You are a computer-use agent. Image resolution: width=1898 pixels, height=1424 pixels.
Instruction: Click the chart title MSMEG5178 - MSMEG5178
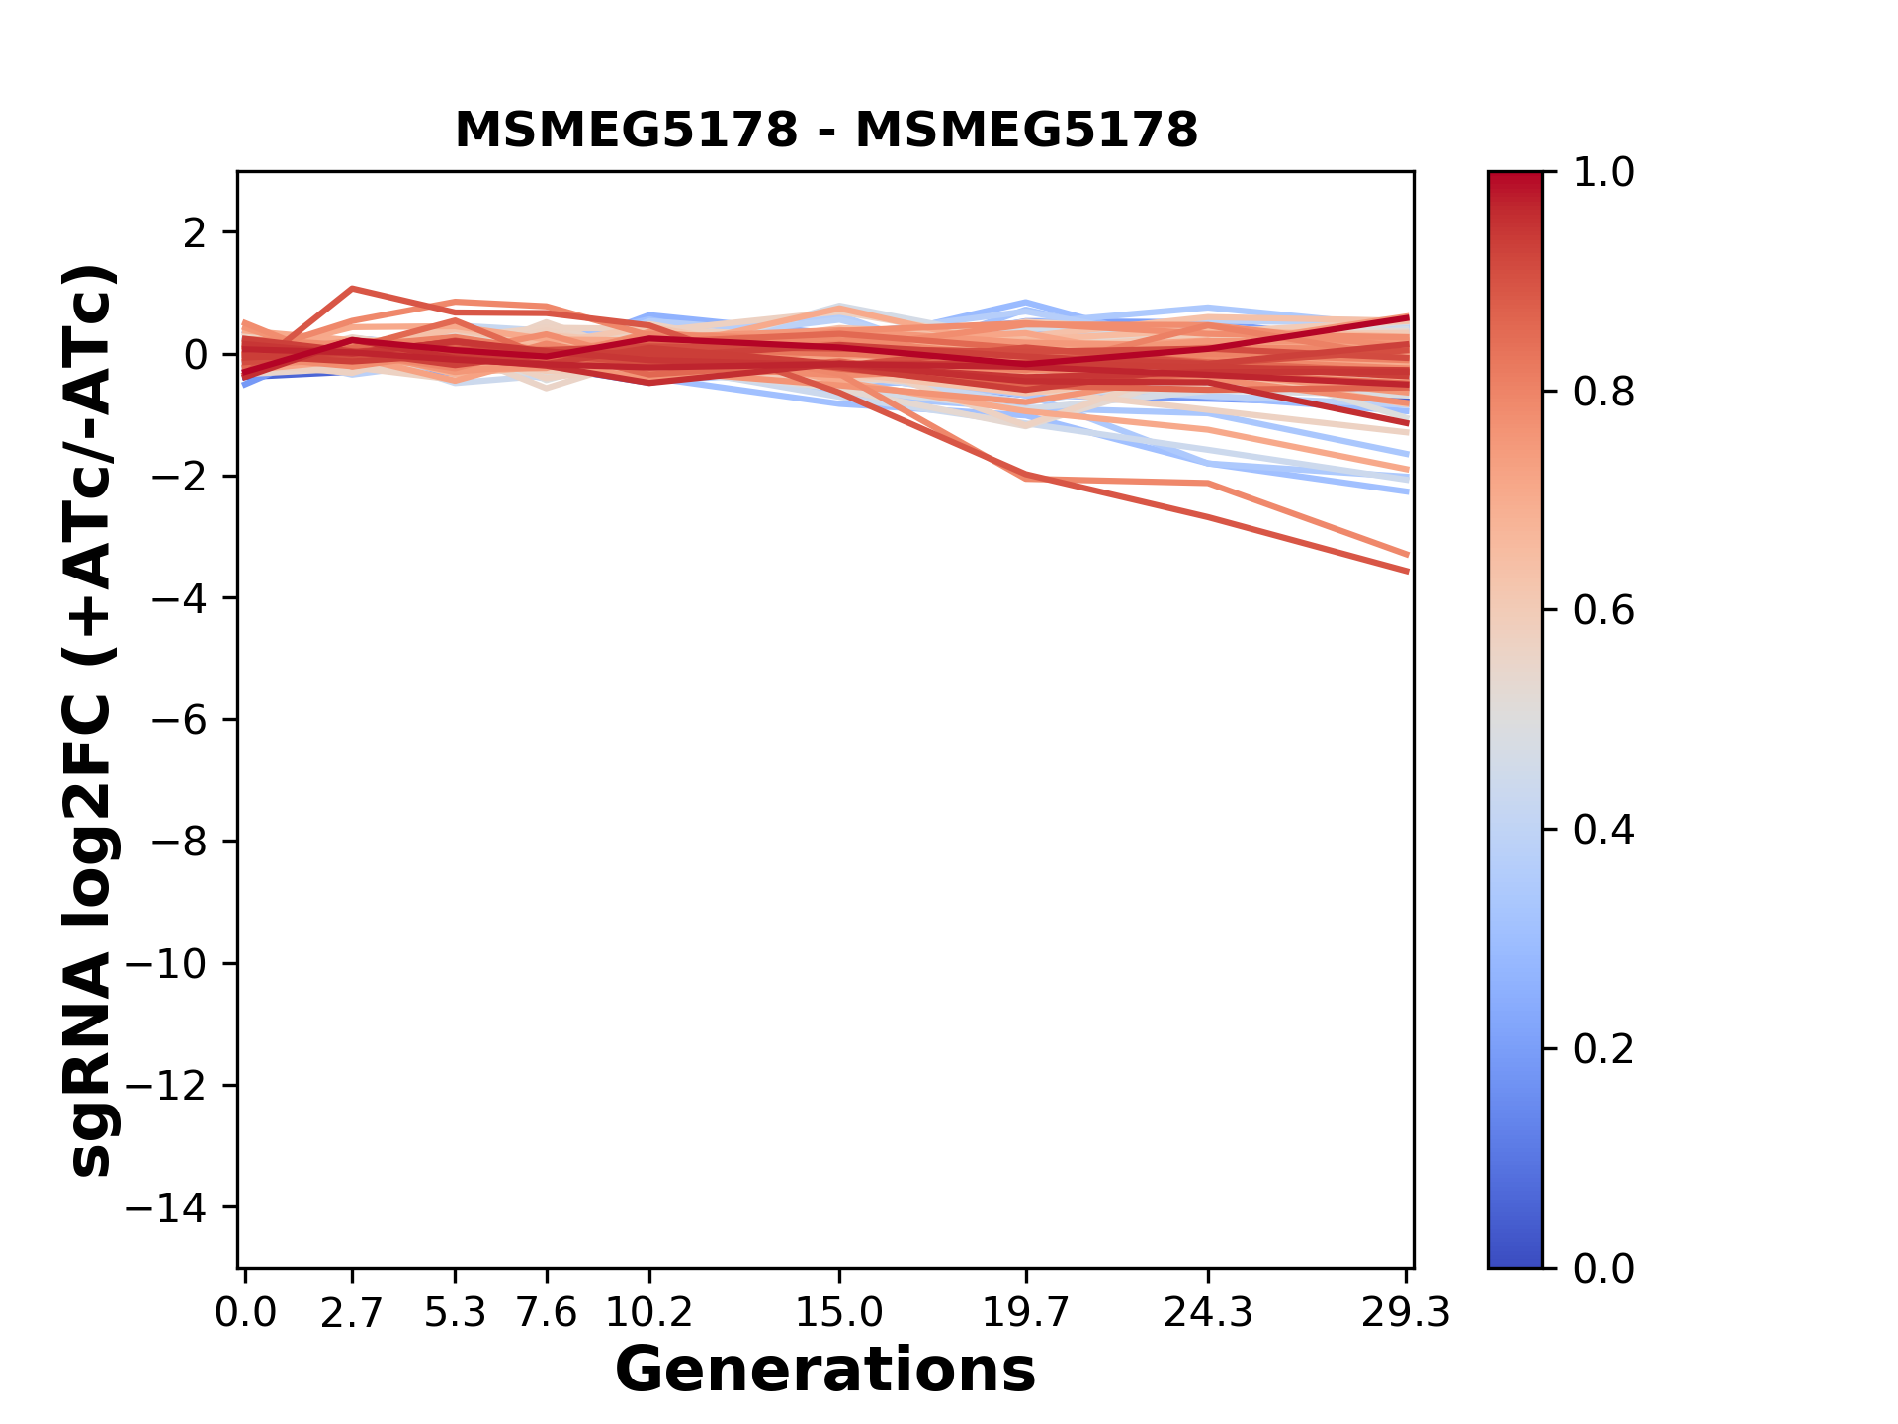pyautogui.click(x=825, y=130)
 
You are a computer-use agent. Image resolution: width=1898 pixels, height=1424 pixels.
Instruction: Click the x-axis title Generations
pyautogui.click(x=825, y=1371)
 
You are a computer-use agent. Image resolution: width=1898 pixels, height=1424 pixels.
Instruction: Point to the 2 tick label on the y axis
pyautogui.click(x=195, y=233)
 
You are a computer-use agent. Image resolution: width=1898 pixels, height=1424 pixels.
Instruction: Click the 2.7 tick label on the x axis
pyautogui.click(x=352, y=1313)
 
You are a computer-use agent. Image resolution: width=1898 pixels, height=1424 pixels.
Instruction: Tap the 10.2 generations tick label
pyautogui.click(x=648, y=1313)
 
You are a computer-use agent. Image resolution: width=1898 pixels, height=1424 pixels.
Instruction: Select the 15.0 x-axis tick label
pyautogui.click(x=838, y=1313)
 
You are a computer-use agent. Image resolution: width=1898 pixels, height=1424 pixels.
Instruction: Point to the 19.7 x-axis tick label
pyautogui.click(x=1026, y=1313)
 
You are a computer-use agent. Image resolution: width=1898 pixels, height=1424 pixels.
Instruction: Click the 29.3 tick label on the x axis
pyautogui.click(x=1406, y=1313)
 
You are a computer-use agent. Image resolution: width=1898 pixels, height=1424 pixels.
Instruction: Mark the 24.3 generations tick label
pyautogui.click(x=1208, y=1313)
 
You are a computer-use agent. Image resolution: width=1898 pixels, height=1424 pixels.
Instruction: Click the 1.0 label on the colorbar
pyautogui.click(x=1603, y=173)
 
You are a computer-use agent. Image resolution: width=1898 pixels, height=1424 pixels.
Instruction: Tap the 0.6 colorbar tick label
pyautogui.click(x=1603, y=611)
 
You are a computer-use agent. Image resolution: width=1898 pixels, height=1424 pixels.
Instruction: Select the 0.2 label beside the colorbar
pyautogui.click(x=1603, y=1049)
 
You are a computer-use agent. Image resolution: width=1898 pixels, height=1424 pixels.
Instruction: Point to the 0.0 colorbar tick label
pyautogui.click(x=1603, y=1268)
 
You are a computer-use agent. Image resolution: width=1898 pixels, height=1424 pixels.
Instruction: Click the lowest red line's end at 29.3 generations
pyautogui.click(x=1407, y=571)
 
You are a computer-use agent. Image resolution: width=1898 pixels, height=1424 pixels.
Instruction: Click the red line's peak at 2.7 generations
pyautogui.click(x=352, y=289)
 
